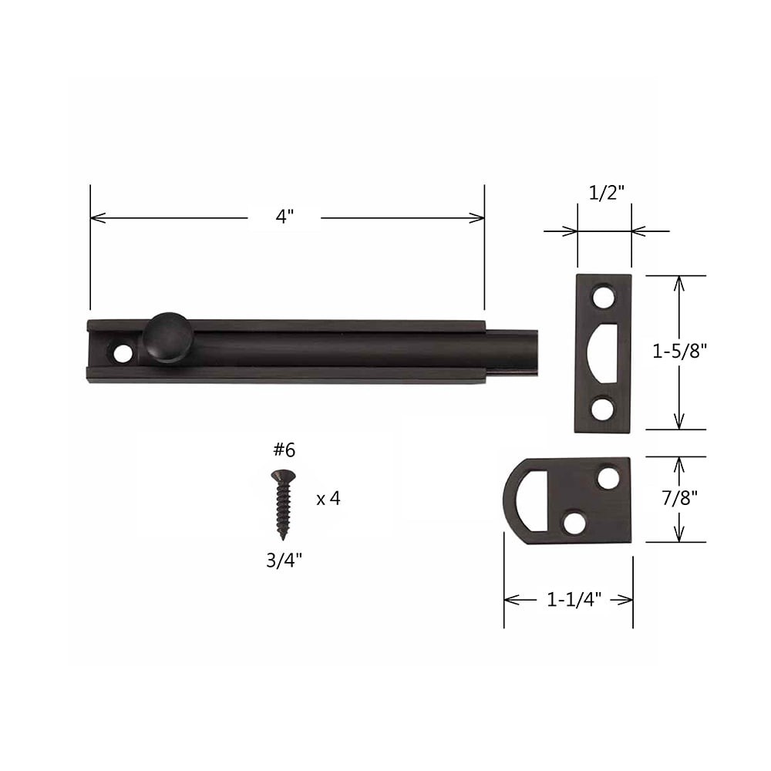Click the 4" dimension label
point(284,218)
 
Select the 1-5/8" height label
point(679,352)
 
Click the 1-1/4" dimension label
point(569,600)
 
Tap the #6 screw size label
point(284,450)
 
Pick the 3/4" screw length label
point(284,561)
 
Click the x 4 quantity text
point(328,499)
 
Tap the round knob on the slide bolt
point(167,337)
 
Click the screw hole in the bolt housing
point(123,354)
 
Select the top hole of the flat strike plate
point(603,296)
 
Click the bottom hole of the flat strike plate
point(603,409)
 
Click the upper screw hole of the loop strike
point(608,479)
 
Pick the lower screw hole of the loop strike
point(574,522)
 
